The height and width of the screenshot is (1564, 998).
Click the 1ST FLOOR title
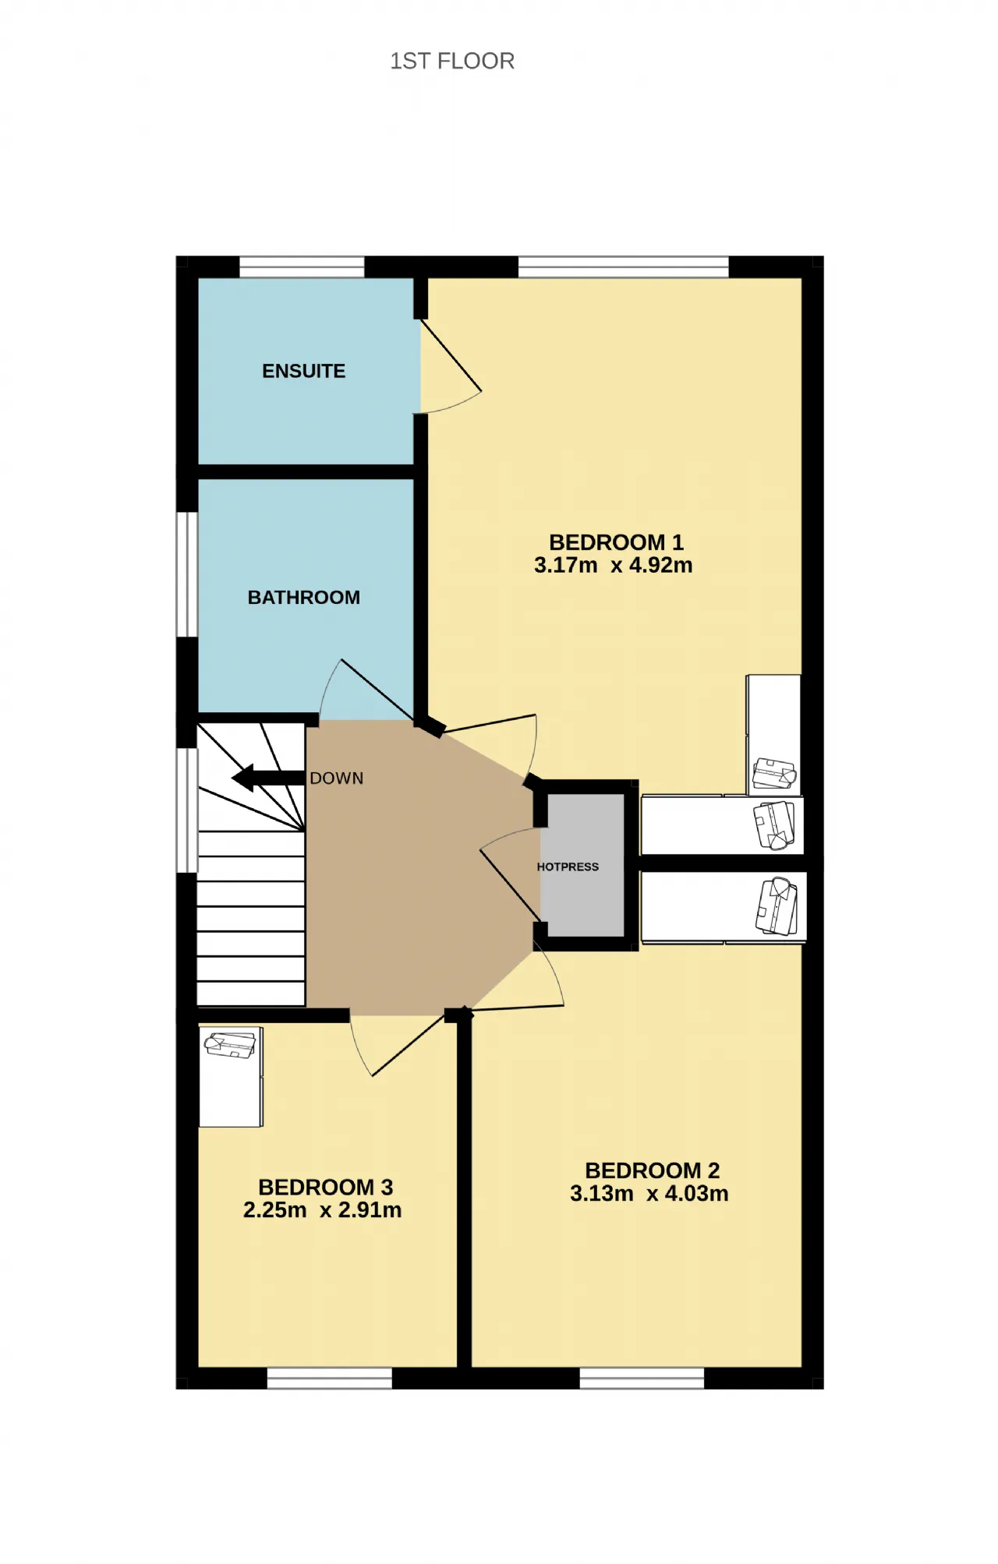[x=452, y=61]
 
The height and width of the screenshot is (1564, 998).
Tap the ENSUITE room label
[x=303, y=371]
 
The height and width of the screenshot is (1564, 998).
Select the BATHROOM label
[x=304, y=598]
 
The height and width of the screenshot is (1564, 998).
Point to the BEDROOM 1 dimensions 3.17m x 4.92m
[x=614, y=565]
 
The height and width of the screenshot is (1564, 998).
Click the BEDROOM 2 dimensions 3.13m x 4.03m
[x=649, y=1193]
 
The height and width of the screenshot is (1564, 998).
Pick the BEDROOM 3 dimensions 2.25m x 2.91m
[x=323, y=1209]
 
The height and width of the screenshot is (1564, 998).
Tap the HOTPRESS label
[x=568, y=867]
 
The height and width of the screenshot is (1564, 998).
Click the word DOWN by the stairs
[x=337, y=778]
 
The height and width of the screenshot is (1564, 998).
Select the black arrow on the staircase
[x=268, y=778]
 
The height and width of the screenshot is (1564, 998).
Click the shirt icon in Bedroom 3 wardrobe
[x=230, y=1045]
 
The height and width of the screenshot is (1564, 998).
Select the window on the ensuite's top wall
[x=302, y=267]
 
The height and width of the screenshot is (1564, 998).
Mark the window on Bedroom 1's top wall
[x=624, y=267]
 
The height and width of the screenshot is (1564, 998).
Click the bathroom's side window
[x=187, y=574]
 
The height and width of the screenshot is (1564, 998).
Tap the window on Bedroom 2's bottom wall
[x=642, y=1378]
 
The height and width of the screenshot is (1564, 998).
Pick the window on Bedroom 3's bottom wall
[x=330, y=1378]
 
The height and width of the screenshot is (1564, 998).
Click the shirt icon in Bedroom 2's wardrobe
[x=777, y=906]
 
